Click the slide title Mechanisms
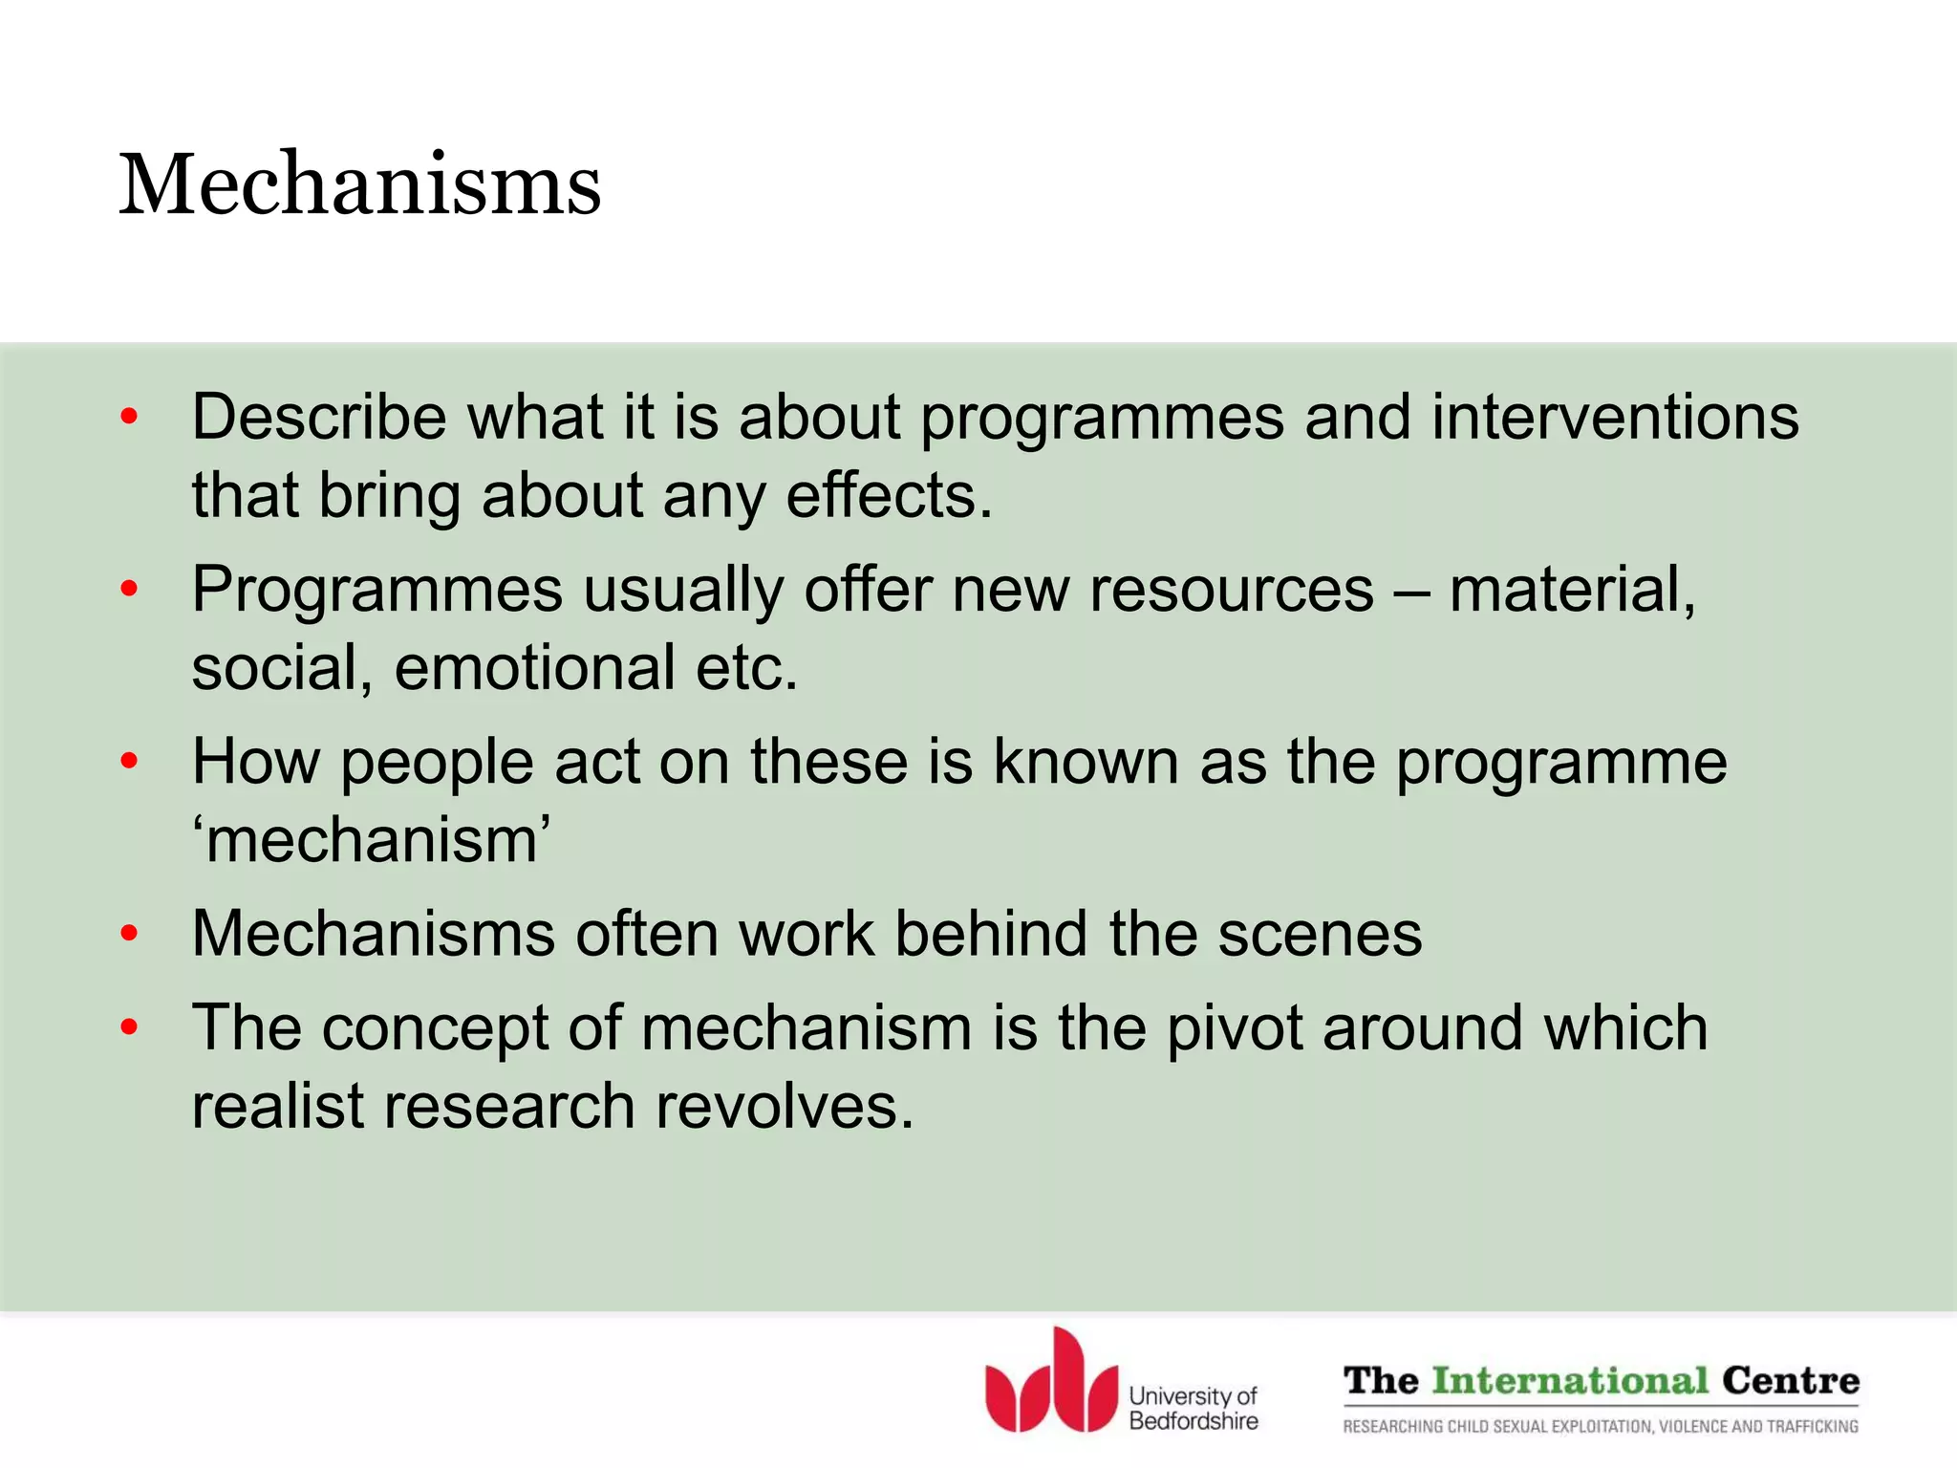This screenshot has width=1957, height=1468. pos(359,184)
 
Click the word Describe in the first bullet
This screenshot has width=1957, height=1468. pos(318,418)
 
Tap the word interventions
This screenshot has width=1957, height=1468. pos(1614,418)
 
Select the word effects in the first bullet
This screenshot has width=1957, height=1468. pos(889,496)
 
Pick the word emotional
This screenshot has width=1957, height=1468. pos(534,668)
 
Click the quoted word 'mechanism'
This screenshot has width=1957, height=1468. pos(372,841)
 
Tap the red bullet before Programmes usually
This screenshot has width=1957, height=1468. pos(130,590)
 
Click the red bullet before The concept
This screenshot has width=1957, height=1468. pos(130,1028)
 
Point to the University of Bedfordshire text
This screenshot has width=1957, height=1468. pos(1193,1409)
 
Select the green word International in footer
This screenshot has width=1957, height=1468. pos(1570,1381)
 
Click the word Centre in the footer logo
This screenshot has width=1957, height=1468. pos(1790,1381)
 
